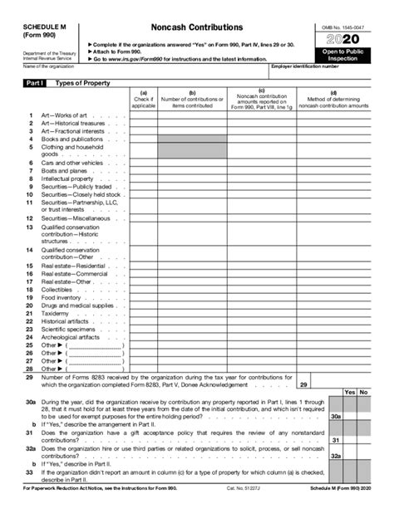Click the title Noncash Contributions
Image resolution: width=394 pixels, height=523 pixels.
197,27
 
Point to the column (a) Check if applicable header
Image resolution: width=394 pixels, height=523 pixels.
143,100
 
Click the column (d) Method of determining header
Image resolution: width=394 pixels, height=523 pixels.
333,100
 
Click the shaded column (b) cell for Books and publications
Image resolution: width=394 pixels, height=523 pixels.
192,139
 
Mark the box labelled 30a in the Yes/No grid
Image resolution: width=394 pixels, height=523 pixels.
335,417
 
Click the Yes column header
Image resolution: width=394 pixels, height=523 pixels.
350,392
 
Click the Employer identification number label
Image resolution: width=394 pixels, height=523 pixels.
304,66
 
